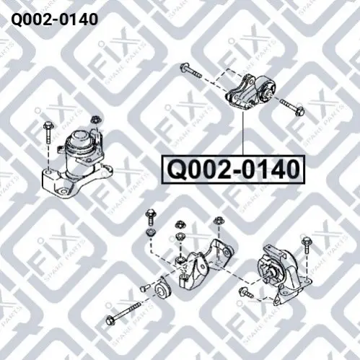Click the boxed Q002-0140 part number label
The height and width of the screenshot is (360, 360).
click(x=234, y=170)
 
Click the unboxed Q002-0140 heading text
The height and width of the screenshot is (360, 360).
click(x=55, y=19)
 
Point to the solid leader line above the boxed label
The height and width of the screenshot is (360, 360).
click(x=243, y=133)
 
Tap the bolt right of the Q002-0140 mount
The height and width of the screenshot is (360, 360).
click(x=292, y=107)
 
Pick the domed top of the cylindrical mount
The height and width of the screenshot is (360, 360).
click(x=79, y=137)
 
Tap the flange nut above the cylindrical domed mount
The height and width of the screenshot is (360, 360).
click(x=96, y=120)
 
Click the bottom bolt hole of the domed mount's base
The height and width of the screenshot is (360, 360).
click(x=63, y=192)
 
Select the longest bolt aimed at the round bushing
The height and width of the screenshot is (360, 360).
click(x=123, y=312)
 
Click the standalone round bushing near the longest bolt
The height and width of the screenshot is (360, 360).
click(x=162, y=289)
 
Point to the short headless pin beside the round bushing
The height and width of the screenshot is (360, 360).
click(x=144, y=287)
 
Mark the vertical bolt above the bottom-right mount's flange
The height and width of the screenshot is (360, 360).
click(x=306, y=245)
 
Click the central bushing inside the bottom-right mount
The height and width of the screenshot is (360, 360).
click(x=273, y=275)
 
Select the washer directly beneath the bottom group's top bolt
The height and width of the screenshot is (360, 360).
click(x=151, y=232)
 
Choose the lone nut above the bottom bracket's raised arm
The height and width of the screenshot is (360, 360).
click(x=219, y=221)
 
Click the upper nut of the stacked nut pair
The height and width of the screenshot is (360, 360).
click(x=180, y=225)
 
